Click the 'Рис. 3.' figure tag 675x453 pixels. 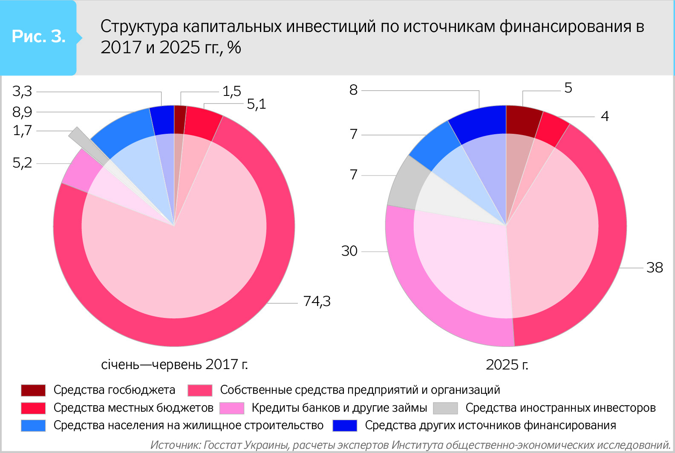tap(38, 37)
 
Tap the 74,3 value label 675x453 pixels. tap(317, 301)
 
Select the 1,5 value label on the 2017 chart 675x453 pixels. tap(232, 91)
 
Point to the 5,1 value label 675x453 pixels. tap(256, 104)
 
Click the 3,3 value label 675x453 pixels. tap(22, 91)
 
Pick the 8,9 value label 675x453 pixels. tap(22, 112)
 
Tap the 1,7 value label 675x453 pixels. tap(22, 130)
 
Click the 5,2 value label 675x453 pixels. tap(22, 163)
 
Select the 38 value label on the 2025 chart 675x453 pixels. tap(655, 268)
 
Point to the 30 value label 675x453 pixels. tap(349, 251)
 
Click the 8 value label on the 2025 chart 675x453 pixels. tap(353, 90)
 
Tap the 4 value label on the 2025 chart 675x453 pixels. tap(605, 116)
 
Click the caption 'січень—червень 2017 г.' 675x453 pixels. tap(174, 365)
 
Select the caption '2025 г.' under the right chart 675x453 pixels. tap(507, 365)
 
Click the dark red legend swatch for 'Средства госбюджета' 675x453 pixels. tap(33, 390)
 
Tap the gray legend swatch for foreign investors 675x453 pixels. tap(445, 408)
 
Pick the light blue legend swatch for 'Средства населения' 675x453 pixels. tap(33, 426)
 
